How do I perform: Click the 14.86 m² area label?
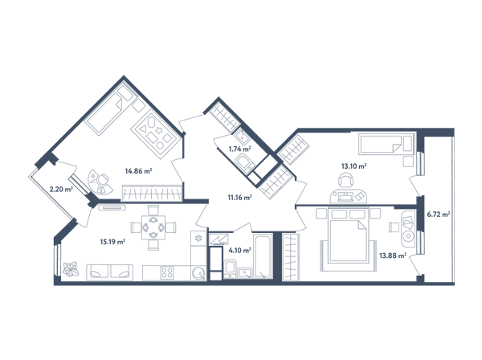139,171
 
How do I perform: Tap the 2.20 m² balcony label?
61,189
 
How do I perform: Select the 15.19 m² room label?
112,242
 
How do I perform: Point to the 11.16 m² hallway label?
239,198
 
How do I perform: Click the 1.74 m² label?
240,149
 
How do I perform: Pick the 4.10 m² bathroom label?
239,251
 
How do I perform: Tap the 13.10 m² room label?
353,166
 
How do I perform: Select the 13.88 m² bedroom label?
393,256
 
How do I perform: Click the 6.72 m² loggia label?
439,215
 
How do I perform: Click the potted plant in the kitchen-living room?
71,269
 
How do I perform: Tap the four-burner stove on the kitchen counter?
168,272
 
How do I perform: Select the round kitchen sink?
198,273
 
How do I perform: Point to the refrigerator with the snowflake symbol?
198,238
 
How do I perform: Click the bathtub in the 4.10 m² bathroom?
263,256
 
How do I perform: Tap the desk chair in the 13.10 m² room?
347,180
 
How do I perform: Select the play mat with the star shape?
155,135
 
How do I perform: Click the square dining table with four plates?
153,227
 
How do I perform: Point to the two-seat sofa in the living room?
110,272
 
